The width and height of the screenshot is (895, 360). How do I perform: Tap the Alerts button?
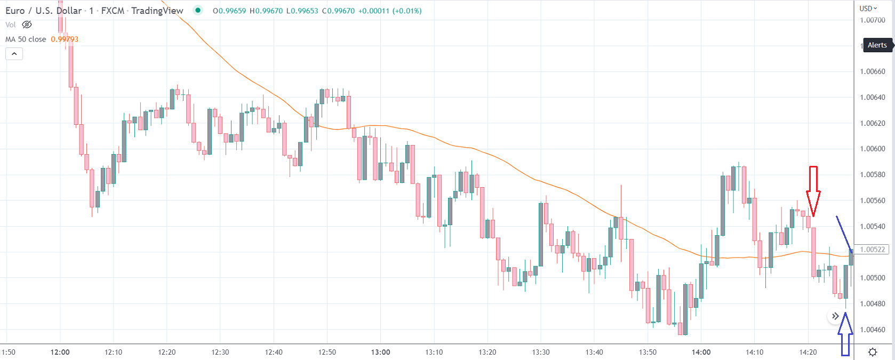(x=877, y=45)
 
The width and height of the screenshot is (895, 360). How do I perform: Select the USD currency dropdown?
(x=868, y=9)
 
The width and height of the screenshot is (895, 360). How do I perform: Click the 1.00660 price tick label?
(x=873, y=71)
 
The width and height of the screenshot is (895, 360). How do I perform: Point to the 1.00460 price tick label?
(x=873, y=330)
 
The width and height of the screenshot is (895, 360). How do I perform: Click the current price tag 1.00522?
(x=873, y=250)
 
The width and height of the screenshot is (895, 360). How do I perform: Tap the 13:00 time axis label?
(x=380, y=352)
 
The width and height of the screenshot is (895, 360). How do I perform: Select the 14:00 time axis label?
(x=701, y=352)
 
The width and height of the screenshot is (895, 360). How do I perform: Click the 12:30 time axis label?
(x=220, y=352)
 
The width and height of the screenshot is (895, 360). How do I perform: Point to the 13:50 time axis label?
(x=648, y=352)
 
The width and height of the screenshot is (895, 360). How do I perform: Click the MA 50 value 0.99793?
(x=65, y=39)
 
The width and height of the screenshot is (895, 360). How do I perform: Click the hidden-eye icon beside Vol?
(x=27, y=25)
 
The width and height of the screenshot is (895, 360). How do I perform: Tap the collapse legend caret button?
(x=14, y=54)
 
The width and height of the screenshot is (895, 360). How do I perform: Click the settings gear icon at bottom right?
(x=873, y=352)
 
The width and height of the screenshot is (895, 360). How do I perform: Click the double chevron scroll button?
(x=835, y=316)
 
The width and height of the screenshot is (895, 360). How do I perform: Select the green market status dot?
(x=198, y=10)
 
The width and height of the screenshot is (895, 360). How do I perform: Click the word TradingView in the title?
(x=157, y=11)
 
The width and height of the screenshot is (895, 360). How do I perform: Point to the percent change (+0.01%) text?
(x=407, y=11)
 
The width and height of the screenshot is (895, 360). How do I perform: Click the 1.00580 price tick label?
(x=873, y=175)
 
